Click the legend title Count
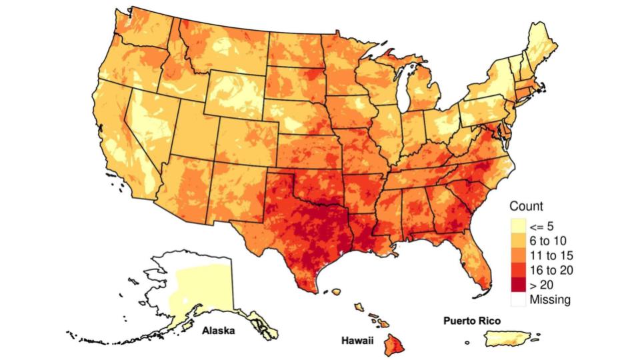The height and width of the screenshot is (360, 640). pyautogui.click(x=526, y=206)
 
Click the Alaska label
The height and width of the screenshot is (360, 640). pyautogui.click(x=218, y=331)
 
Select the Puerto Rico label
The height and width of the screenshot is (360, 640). pyautogui.click(x=472, y=321)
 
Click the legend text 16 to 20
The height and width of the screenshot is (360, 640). pyautogui.click(x=551, y=270)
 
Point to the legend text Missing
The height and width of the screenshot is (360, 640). pyautogui.click(x=550, y=299)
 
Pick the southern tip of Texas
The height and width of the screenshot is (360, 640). pyautogui.click(x=308, y=287)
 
